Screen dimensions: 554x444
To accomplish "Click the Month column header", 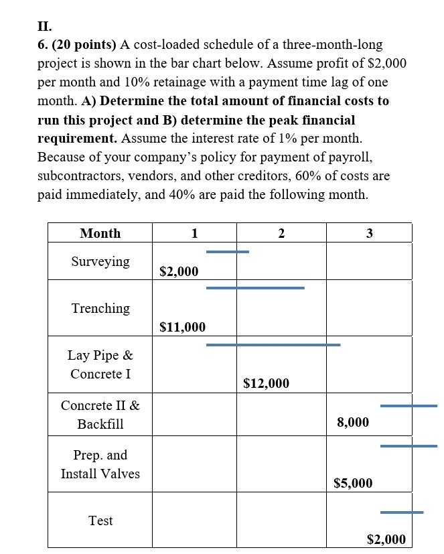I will [100, 233].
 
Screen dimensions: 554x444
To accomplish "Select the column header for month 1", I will [194, 233].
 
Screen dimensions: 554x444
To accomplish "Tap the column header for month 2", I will [281, 233].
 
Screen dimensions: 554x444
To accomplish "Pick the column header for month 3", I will [369, 233].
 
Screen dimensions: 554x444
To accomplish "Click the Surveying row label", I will [100, 261].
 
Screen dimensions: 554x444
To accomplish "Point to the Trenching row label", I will [100, 308].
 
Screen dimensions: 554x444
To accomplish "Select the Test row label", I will [100, 521].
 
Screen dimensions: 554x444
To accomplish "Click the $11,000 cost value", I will [183, 327].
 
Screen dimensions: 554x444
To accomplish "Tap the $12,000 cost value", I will [267, 383].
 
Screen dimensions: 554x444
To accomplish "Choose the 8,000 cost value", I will [353, 422].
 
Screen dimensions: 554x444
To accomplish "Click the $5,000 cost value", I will [353, 483].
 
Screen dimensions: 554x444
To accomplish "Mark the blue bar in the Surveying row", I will [227, 252].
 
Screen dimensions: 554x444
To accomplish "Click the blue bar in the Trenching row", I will [254, 287].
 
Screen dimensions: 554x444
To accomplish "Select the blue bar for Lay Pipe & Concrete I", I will [273, 344].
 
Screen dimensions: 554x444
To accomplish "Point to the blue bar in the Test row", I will [401, 512].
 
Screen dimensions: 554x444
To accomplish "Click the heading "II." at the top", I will [44, 27].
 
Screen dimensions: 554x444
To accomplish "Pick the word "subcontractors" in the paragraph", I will [79, 176].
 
